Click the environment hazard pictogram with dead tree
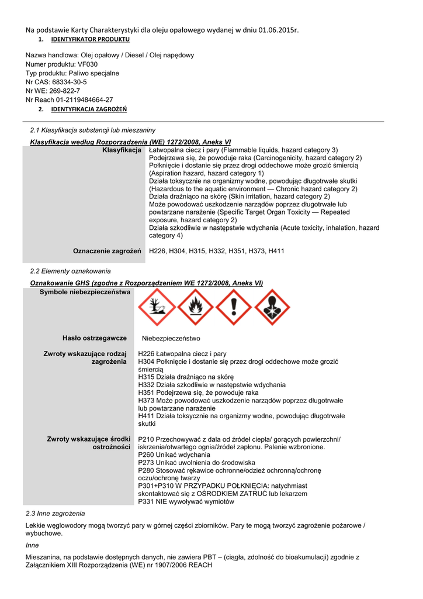156,307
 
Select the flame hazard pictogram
195,307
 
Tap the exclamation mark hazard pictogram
233,307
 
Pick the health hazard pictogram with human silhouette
272,307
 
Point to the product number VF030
87,64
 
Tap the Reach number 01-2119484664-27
82,100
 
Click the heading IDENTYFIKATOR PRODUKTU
91,39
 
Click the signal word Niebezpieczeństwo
171,339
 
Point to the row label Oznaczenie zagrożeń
108,251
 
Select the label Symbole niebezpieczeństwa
85,292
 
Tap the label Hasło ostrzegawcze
95,338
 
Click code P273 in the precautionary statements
146,463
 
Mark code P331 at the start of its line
146,502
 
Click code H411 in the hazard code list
276,251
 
